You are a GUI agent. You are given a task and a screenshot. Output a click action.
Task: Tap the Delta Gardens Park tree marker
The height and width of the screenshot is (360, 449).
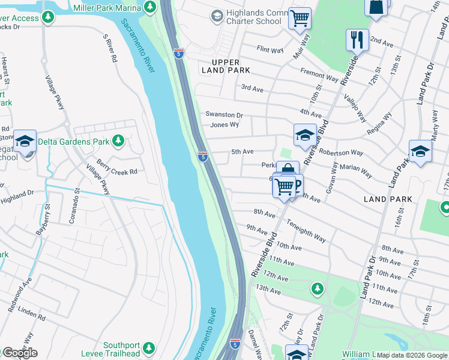point(118,140)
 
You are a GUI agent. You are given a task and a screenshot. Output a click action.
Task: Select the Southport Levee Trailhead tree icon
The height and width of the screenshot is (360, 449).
point(149,347)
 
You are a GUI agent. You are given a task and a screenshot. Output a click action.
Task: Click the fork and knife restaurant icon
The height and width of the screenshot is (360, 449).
point(357,40)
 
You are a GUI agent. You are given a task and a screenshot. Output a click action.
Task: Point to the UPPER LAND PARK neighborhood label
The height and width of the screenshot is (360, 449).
point(226,66)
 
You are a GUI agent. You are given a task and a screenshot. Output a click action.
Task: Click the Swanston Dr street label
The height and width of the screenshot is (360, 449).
point(224,115)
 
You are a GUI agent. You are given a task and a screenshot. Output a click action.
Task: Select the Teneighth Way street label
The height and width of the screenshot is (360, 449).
point(306,230)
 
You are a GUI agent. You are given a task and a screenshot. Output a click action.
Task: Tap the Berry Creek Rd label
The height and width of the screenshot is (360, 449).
point(117,171)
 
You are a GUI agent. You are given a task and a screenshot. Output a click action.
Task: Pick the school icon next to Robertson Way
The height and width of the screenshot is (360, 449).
point(305,134)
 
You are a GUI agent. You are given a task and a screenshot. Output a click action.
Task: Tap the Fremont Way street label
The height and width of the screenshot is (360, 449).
point(319,74)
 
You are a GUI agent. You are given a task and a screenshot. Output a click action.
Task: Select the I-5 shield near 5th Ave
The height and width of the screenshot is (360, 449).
point(203,157)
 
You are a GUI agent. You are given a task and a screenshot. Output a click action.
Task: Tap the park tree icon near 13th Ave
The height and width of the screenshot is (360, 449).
point(317,289)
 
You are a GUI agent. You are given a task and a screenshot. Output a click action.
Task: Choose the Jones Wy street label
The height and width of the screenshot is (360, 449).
point(224,125)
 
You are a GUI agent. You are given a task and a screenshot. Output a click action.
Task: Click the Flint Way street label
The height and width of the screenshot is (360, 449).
point(270,50)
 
